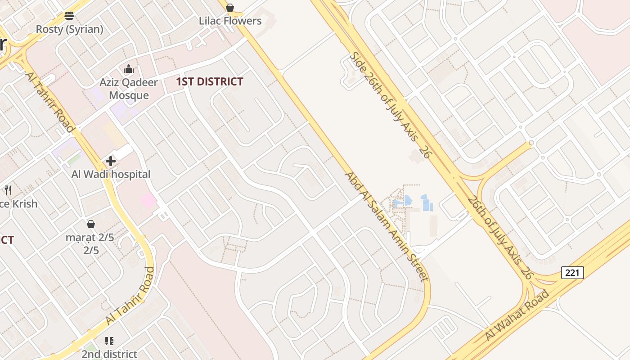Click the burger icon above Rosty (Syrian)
69,16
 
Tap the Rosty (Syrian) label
69,29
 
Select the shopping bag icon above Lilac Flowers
230,8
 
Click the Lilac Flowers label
230,21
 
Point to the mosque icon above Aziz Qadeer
129,69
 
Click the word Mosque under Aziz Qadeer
129,95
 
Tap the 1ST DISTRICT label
209,81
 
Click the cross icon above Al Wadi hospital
111,161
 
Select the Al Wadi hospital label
111,174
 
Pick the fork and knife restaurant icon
8,190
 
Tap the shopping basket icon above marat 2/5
91,224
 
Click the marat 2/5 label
90,237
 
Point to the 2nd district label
109,354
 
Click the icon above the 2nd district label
109,341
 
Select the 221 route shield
572,272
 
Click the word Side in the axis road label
358,62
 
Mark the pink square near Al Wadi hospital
148,200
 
